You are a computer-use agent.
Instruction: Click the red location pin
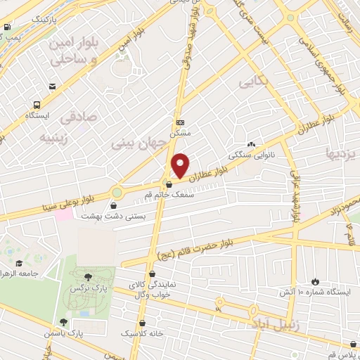181,165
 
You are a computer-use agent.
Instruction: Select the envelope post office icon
53,86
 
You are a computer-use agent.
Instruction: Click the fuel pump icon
7,28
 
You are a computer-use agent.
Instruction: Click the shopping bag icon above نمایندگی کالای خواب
153,274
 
